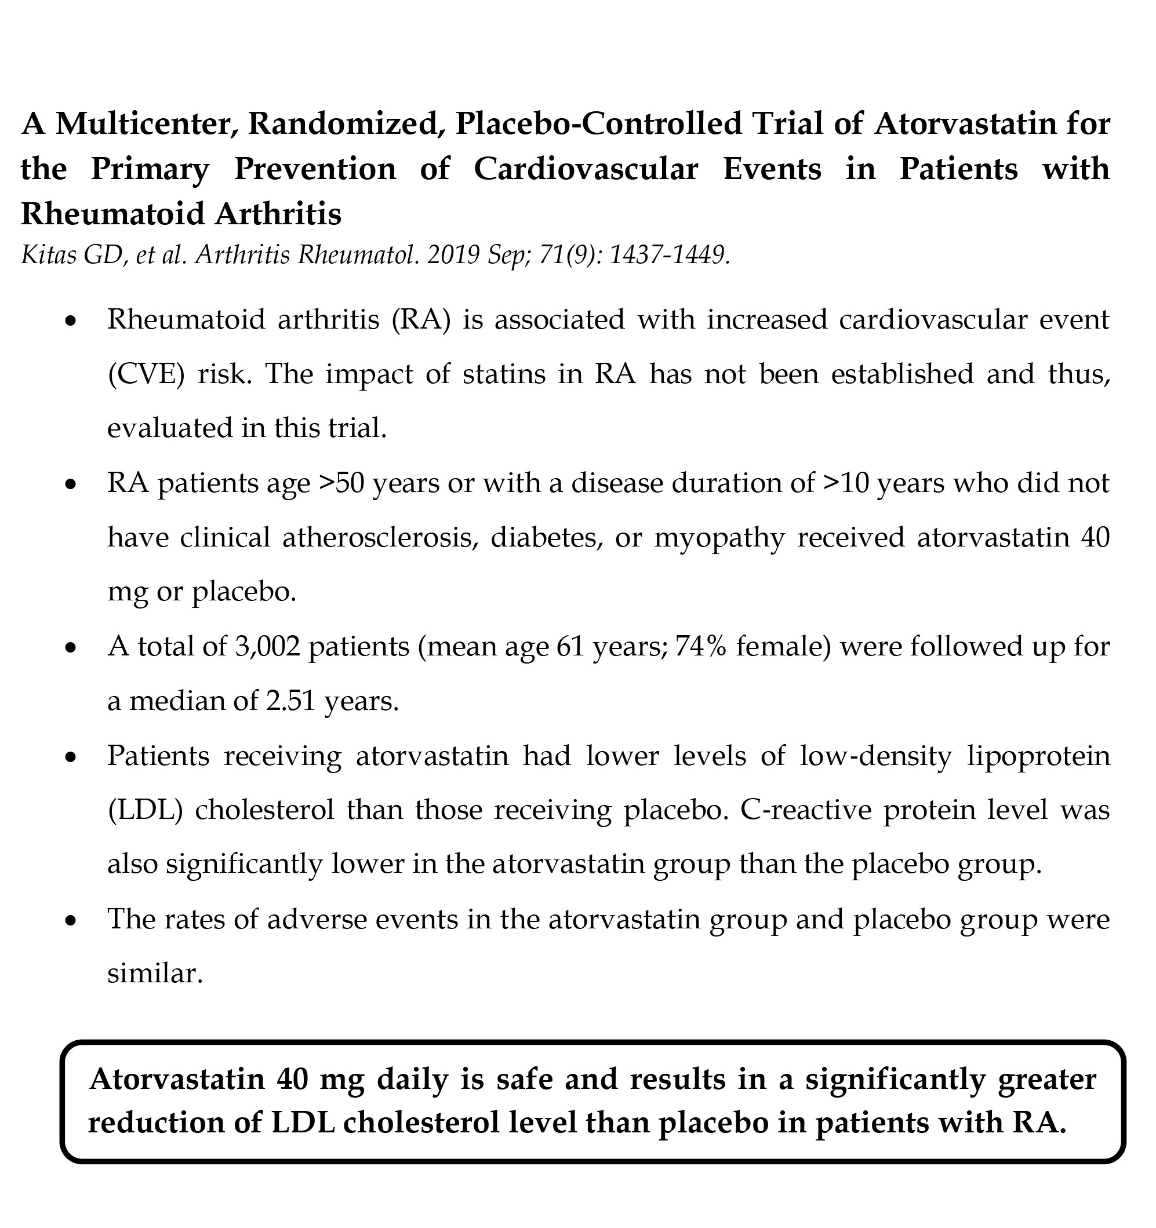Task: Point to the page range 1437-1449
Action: (670, 254)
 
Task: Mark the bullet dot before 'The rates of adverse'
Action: (72, 921)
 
